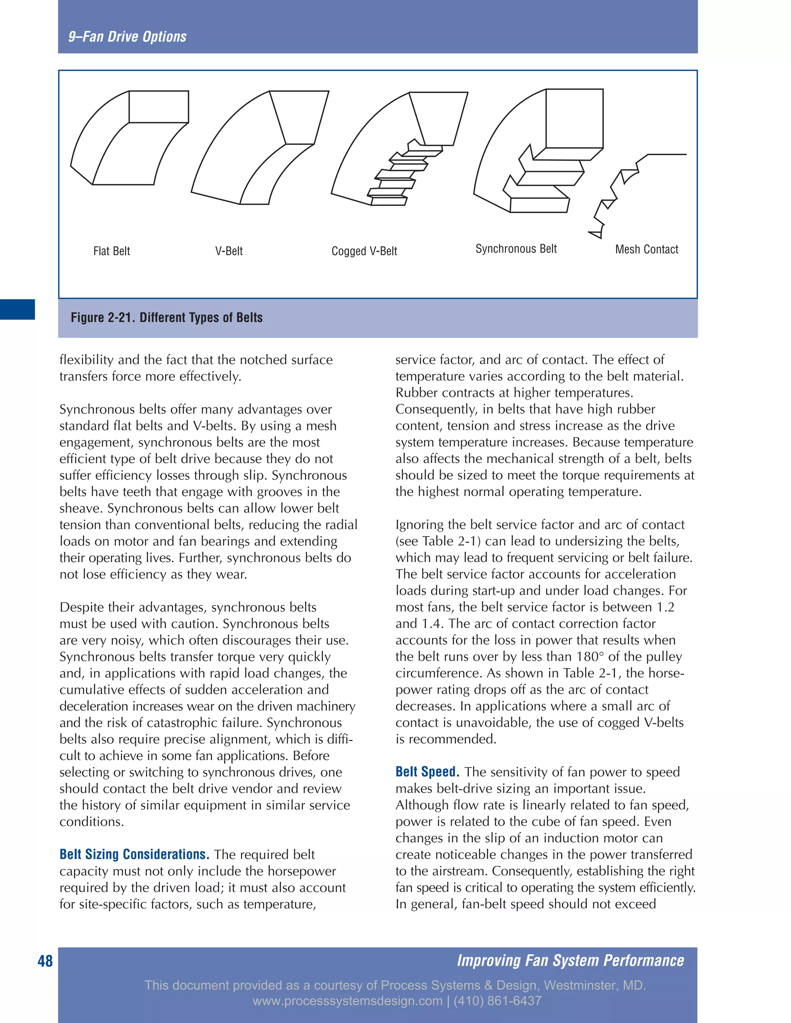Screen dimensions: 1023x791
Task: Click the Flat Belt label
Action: (x=112, y=251)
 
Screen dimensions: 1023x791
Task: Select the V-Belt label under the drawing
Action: (x=229, y=251)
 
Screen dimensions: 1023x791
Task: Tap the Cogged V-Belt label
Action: (x=364, y=251)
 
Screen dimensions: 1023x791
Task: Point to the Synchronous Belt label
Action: (x=516, y=249)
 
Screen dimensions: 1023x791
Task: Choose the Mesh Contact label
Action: (x=646, y=249)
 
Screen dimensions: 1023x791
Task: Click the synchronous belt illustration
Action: (x=539, y=150)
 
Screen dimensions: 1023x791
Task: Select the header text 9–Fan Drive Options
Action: (x=127, y=37)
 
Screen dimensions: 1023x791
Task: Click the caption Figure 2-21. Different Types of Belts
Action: (x=166, y=318)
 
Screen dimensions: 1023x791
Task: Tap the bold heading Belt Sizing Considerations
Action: (x=134, y=854)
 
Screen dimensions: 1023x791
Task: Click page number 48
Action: (x=45, y=961)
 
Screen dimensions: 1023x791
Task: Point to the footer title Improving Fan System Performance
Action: (x=570, y=960)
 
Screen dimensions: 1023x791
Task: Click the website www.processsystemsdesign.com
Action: (x=347, y=1001)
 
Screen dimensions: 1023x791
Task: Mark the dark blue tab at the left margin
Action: (x=17, y=309)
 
